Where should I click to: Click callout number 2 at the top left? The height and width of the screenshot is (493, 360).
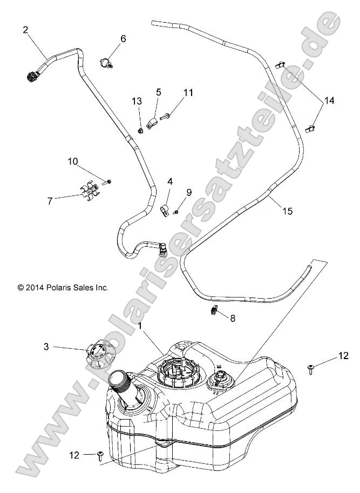point(25,30)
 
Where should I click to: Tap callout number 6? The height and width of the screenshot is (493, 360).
point(123,38)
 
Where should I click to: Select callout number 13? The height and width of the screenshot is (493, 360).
point(137,101)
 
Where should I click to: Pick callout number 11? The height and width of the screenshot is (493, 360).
point(187,93)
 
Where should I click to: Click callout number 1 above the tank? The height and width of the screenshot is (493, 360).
point(141,326)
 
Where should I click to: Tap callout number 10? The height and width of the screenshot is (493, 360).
point(73,161)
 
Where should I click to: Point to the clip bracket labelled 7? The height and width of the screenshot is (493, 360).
point(91,193)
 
